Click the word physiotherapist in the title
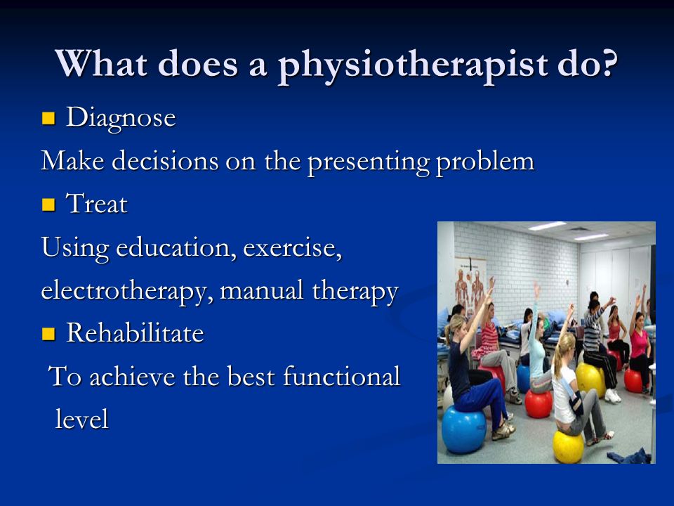click(x=413, y=66)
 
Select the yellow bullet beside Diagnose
click(x=48, y=118)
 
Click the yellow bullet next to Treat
click(x=48, y=205)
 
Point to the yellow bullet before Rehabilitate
click(x=48, y=333)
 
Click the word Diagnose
click(x=121, y=118)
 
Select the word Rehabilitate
click(x=135, y=332)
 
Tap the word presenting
click(x=369, y=162)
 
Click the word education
click(x=176, y=247)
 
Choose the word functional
click(x=341, y=376)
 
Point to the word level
click(x=81, y=419)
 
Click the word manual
click(x=261, y=290)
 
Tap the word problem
click(x=485, y=162)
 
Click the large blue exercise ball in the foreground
click(x=463, y=429)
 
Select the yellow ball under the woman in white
click(x=568, y=447)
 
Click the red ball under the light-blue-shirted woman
click(x=538, y=403)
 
